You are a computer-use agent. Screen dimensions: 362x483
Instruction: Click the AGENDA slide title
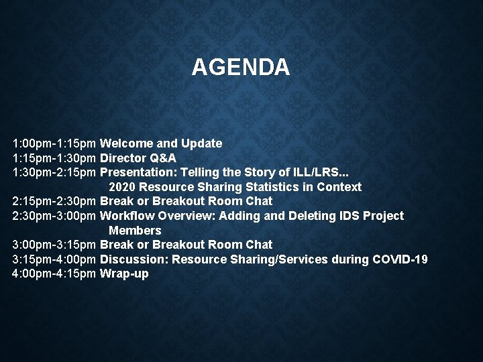(241, 67)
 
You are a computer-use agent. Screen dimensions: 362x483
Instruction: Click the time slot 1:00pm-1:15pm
(55, 143)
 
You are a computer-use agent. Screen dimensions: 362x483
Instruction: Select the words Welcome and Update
(161, 143)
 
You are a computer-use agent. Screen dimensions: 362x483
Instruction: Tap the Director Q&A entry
(138, 158)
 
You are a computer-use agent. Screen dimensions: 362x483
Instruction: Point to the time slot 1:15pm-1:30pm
(55, 158)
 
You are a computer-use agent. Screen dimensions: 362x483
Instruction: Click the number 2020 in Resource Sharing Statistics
(121, 187)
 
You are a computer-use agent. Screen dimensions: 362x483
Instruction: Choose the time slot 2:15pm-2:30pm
(55, 201)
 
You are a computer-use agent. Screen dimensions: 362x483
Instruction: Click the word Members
(135, 231)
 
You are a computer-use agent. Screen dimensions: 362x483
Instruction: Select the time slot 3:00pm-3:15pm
(55, 245)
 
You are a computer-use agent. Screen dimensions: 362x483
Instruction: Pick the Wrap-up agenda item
(124, 274)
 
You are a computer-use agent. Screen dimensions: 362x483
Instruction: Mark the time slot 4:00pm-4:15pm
(55, 274)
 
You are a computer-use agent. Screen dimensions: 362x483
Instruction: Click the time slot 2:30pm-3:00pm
(55, 216)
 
